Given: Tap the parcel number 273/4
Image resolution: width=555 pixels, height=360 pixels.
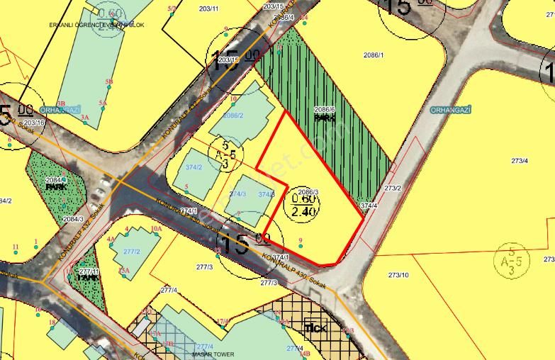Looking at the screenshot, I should [x=520, y=161].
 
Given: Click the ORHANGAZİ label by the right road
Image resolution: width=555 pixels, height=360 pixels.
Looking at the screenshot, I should [x=451, y=110].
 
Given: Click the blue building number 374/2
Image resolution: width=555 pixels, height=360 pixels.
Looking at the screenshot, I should [x=193, y=167].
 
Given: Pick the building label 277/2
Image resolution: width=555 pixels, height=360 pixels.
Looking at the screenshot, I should [x=132, y=252].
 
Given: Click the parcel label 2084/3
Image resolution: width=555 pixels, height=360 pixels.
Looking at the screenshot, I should [x=72, y=219].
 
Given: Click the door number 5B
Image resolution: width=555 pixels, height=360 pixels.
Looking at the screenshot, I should [x=109, y=81].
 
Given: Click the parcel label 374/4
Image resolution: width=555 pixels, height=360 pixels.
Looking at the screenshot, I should [x=368, y=206].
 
